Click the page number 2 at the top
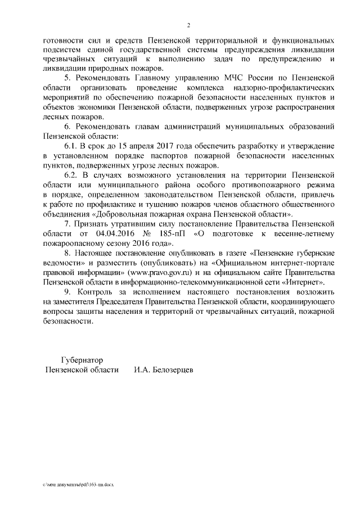point(189,25)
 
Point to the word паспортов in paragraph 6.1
point(168,156)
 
